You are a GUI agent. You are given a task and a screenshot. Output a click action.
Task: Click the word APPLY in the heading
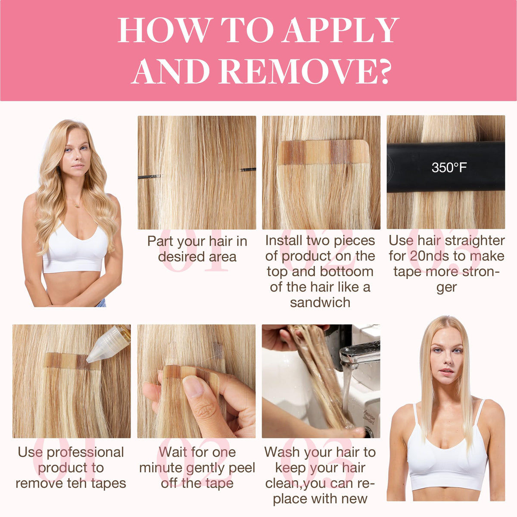tap(340, 30)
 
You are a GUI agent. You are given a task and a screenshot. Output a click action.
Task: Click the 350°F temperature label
tap(449, 168)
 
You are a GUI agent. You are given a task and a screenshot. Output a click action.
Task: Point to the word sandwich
tap(320, 302)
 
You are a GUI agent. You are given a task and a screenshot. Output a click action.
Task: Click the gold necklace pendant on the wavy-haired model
tap(77, 206)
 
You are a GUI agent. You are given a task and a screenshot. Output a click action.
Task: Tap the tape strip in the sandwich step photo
tap(324, 152)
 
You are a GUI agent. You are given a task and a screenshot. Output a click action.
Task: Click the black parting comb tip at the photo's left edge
tap(149, 177)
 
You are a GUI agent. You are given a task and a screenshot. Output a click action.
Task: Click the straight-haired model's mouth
tap(446, 371)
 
